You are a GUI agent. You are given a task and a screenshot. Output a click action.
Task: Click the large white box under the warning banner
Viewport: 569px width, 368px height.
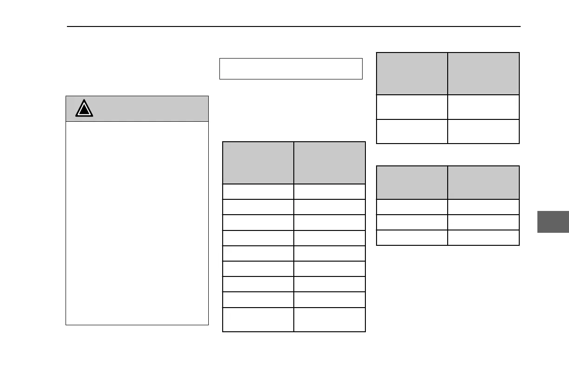pyautogui.click(x=137, y=223)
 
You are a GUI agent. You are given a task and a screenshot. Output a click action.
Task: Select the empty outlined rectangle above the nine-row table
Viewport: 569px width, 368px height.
pyautogui.click(x=291, y=69)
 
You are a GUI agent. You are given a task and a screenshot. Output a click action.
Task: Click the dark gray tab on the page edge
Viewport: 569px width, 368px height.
pyautogui.click(x=553, y=221)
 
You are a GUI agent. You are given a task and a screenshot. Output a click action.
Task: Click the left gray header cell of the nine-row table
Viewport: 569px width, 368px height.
pyautogui.click(x=258, y=163)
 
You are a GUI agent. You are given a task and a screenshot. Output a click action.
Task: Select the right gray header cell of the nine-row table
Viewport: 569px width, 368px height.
pyautogui.click(x=330, y=163)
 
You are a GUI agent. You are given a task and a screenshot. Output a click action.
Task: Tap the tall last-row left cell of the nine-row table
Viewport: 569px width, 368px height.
pyautogui.click(x=258, y=320)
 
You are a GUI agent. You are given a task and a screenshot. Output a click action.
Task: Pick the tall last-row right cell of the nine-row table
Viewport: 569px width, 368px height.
pyautogui.click(x=330, y=320)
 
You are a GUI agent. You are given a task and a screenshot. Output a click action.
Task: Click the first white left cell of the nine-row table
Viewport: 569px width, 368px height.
pyautogui.click(x=258, y=192)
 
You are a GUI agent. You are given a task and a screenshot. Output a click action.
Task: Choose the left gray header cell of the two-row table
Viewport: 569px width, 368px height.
pyautogui.click(x=412, y=73)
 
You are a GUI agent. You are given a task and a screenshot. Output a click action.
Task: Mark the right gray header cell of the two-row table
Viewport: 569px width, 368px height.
pyautogui.click(x=483, y=73)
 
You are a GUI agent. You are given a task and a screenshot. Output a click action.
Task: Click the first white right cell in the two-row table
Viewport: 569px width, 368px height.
pyautogui.click(x=483, y=107)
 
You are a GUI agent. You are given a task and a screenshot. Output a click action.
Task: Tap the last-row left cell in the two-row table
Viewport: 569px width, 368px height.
pyautogui.click(x=412, y=131)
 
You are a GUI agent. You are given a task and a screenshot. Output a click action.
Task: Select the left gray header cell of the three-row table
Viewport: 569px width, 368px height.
pyautogui.click(x=412, y=183)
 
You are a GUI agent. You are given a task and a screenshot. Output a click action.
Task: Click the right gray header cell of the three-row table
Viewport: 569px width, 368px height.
pyautogui.click(x=483, y=183)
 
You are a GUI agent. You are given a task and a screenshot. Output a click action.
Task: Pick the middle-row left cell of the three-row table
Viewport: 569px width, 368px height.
pyautogui.click(x=412, y=222)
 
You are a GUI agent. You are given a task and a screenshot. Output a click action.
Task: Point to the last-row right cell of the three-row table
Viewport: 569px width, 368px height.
pyautogui.click(x=483, y=237)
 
